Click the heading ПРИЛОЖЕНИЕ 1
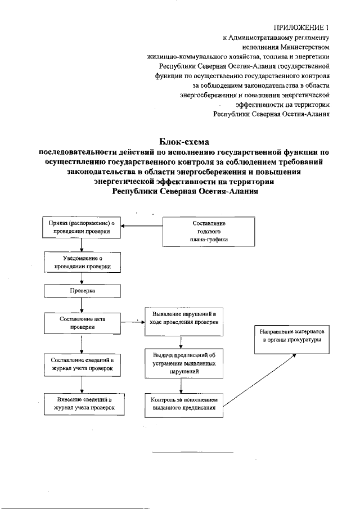(x=302, y=27)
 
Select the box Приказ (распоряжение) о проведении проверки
(x=82, y=228)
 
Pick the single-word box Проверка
(x=82, y=292)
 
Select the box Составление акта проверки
(x=82, y=322)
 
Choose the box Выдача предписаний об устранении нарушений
(x=181, y=363)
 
